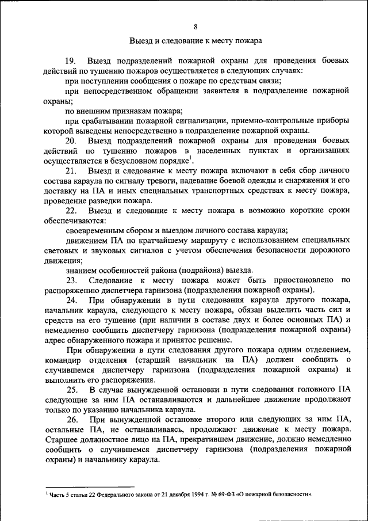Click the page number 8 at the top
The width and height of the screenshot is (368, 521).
(x=195, y=26)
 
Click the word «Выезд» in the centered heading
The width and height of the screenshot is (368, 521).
(x=141, y=41)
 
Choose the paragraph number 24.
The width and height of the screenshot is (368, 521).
(x=71, y=301)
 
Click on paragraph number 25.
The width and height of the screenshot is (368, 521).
(x=71, y=390)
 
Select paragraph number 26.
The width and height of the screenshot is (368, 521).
(x=71, y=420)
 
